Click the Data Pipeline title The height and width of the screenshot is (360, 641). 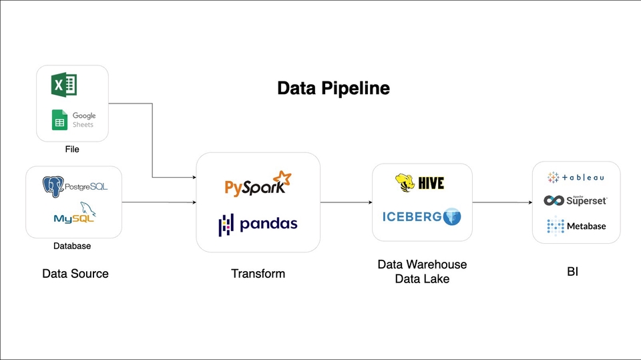tap(333, 88)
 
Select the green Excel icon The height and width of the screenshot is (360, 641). tap(64, 85)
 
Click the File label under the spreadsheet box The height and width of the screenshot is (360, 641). tap(72, 150)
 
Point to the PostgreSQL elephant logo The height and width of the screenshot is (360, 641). tap(53, 185)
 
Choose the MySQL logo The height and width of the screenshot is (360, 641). tap(74, 213)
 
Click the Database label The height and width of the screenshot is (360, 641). tap(72, 246)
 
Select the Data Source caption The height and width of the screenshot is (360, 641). tap(75, 274)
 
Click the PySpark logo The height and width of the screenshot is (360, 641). tap(258, 184)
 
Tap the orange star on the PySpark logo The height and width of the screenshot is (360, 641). tap(284, 178)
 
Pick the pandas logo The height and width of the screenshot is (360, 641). tap(258, 224)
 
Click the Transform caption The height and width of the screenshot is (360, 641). tap(258, 274)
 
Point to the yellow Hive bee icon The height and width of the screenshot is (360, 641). tap(405, 182)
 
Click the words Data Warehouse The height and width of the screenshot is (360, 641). tap(422, 264)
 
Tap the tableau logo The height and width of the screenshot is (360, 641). tap(576, 178)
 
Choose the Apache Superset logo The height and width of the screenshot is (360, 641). tap(576, 200)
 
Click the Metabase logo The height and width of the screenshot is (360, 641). tap(576, 226)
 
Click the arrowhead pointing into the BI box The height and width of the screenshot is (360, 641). tap(529, 202)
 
